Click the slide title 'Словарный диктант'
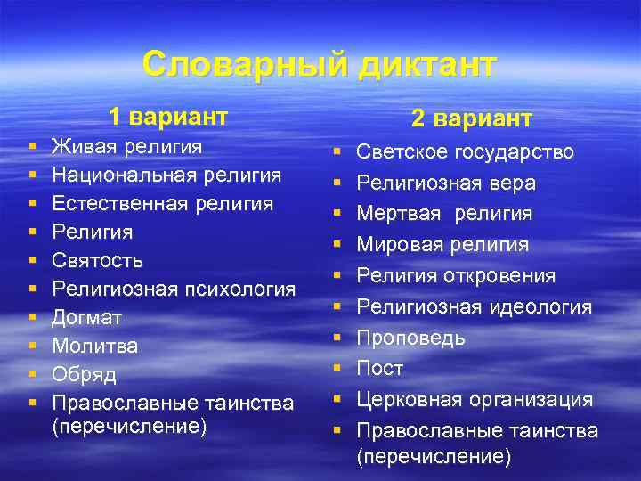coord(319,65)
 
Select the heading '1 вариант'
coord(168,117)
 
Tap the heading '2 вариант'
coord(472,118)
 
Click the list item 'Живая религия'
coord(127,146)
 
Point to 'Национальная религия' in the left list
coord(166,175)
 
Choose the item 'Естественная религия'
coord(163,203)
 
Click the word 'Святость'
coord(97,260)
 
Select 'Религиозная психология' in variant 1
coord(174,289)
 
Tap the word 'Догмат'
coord(87,317)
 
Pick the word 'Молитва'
coord(93,346)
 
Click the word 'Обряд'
coord(85,374)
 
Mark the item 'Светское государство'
coord(465,152)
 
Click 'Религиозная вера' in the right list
coord(446,183)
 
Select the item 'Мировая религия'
coord(442,245)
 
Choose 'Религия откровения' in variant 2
coord(456,276)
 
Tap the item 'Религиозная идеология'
coord(474,307)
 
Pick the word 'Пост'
coord(380,369)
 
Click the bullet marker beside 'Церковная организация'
coord(337,400)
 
